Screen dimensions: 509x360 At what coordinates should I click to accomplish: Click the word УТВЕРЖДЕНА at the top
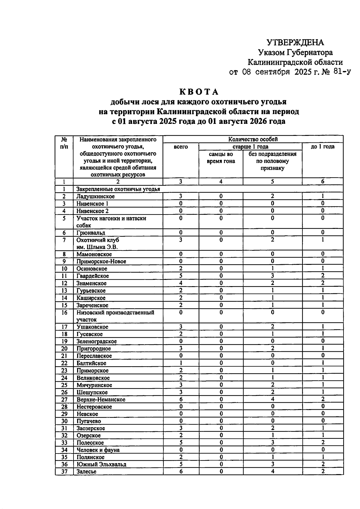(x=295, y=42)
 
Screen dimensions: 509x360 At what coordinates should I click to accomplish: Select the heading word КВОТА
(x=199, y=92)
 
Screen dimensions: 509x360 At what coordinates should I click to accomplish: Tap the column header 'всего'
(x=181, y=147)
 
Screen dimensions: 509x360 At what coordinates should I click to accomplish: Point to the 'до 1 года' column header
(x=322, y=147)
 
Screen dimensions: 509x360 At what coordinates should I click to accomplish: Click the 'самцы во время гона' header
(x=221, y=157)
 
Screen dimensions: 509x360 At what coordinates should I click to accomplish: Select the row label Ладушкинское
(x=95, y=196)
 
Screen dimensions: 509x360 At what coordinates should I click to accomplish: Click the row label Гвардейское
(x=92, y=276)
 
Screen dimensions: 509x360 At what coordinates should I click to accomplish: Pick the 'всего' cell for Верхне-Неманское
(x=181, y=399)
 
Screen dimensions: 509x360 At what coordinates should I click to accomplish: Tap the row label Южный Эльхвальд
(x=101, y=464)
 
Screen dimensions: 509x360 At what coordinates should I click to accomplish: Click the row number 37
(x=64, y=472)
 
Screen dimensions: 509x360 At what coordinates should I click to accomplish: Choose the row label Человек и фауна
(x=98, y=450)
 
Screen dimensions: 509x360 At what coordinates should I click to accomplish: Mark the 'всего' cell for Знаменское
(x=181, y=283)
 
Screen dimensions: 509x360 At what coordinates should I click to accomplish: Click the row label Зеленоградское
(x=96, y=341)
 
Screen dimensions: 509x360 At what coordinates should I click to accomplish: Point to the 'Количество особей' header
(x=253, y=139)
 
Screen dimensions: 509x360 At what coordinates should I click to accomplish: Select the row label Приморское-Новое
(x=101, y=262)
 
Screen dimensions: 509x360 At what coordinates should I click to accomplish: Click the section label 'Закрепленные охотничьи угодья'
(x=118, y=189)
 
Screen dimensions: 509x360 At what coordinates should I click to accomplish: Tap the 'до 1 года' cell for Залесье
(x=322, y=472)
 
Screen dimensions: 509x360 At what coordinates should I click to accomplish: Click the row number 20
(x=64, y=349)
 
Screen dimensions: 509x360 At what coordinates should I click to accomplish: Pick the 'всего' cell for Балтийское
(x=181, y=363)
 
